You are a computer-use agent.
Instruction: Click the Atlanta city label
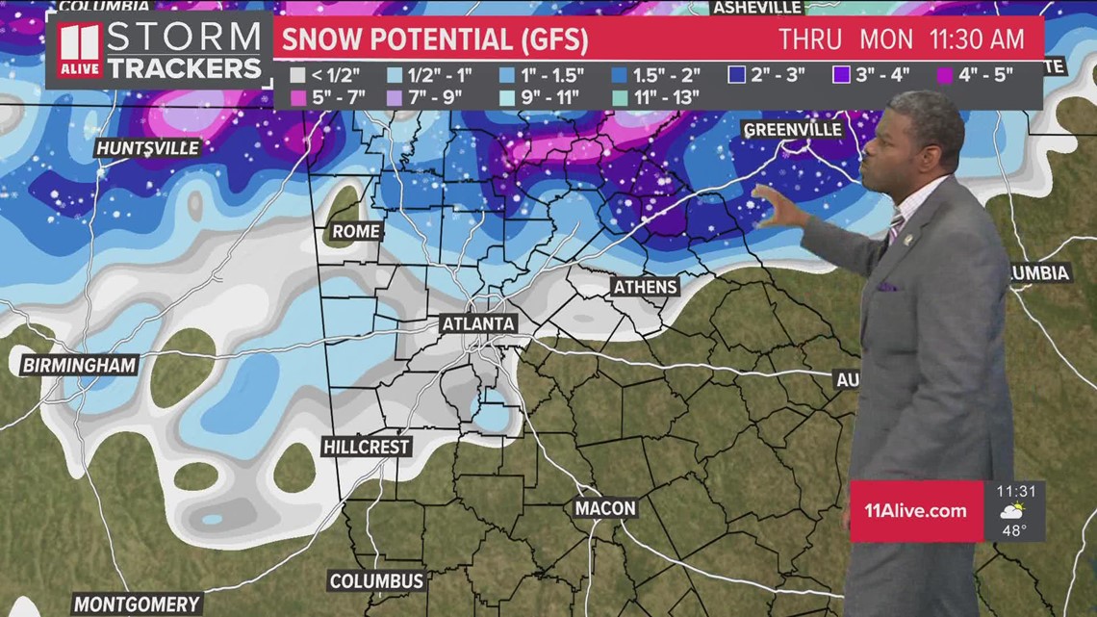pyautogui.click(x=478, y=324)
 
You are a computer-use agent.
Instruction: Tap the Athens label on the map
pyautogui.click(x=646, y=287)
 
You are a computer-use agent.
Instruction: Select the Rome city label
pyautogui.click(x=356, y=232)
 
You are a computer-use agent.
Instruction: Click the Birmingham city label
pyautogui.click(x=80, y=365)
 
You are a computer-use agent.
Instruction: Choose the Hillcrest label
pyautogui.click(x=367, y=447)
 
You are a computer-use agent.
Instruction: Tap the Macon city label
pyautogui.click(x=606, y=507)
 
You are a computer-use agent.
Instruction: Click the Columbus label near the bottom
pyautogui.click(x=376, y=580)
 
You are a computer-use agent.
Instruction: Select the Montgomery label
pyautogui.click(x=137, y=604)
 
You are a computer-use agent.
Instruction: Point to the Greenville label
pyautogui.click(x=793, y=130)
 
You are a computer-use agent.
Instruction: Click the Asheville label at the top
pyautogui.click(x=757, y=8)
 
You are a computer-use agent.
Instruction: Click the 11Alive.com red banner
pyautogui.click(x=914, y=510)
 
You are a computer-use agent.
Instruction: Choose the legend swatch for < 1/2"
pyautogui.click(x=298, y=75)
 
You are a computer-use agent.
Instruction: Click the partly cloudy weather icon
pyautogui.click(x=1011, y=510)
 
